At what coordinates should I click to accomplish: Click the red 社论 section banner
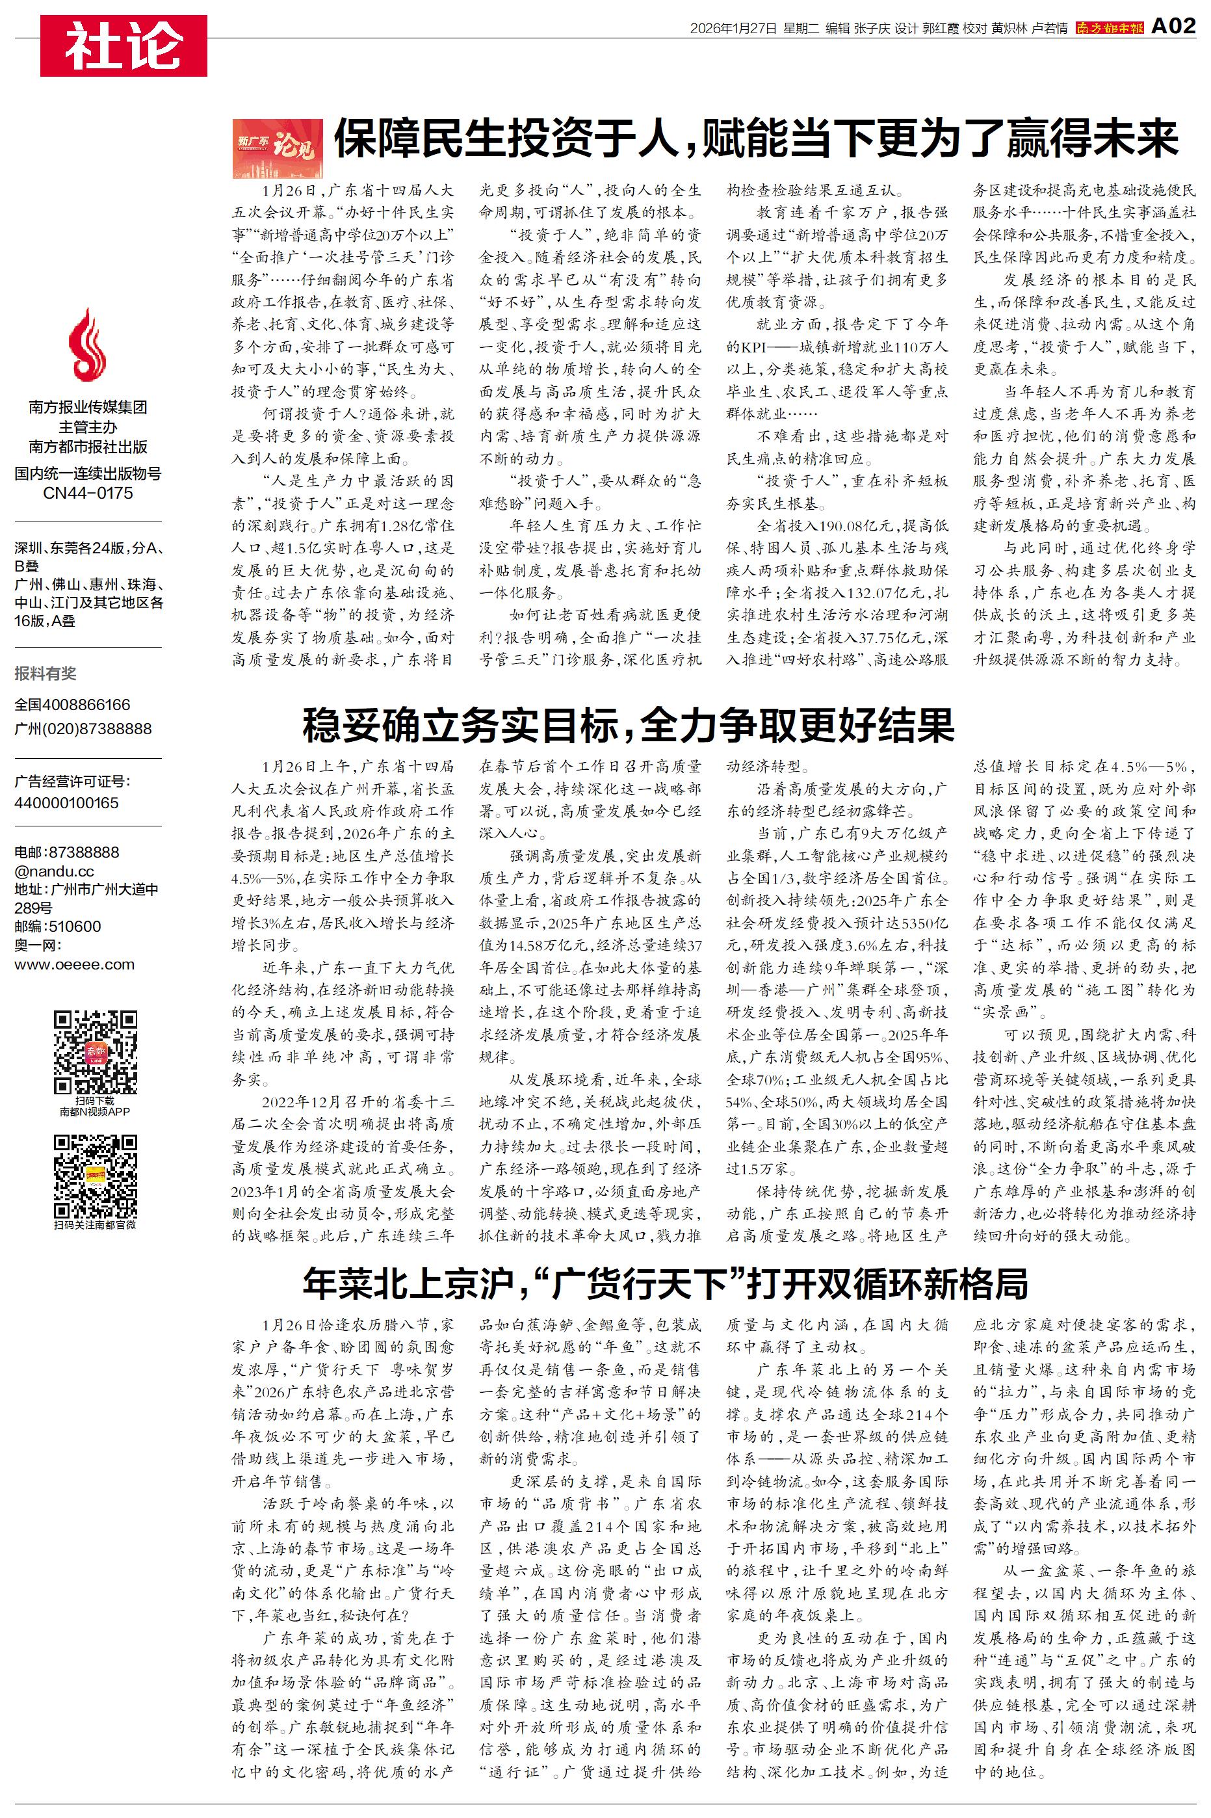click(x=124, y=46)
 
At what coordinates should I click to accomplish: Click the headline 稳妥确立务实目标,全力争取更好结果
click(x=628, y=724)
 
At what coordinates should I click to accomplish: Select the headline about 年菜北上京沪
click(x=665, y=1284)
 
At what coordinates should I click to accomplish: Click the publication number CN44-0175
click(x=87, y=493)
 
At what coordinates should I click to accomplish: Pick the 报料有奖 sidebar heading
click(x=46, y=674)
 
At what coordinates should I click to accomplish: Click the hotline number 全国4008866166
click(x=73, y=704)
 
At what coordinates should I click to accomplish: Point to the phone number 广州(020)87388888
click(x=83, y=728)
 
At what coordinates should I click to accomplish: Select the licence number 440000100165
click(x=66, y=802)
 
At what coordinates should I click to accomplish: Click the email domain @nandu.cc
click(x=54, y=871)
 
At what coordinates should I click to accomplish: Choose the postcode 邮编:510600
click(x=57, y=926)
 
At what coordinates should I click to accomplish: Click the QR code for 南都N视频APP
click(x=95, y=1051)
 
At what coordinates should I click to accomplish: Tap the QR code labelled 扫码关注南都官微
click(x=95, y=1176)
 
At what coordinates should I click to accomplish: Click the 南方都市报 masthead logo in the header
click(x=1109, y=29)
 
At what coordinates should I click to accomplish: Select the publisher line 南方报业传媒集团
click(x=87, y=407)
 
